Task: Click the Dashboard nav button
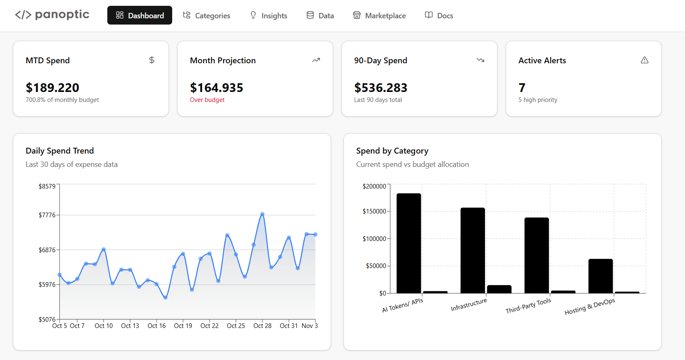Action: tap(140, 15)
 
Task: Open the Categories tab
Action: tap(207, 15)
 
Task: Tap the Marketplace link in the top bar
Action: tap(379, 15)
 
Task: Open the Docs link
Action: tap(439, 15)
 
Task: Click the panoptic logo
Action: tap(52, 15)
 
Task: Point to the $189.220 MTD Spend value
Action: tap(52, 88)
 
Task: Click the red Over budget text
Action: tap(207, 100)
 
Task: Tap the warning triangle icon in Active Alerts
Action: tap(644, 60)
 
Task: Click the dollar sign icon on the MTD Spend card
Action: tap(152, 60)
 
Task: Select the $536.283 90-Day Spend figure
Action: tap(381, 88)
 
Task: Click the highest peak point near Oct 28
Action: tap(262, 214)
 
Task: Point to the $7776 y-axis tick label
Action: tap(47, 215)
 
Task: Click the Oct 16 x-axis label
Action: tap(156, 326)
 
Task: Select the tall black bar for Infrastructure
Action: tap(472, 250)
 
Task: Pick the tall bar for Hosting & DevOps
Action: tap(600, 276)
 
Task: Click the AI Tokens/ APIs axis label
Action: tap(403, 305)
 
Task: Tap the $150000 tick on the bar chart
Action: tap(374, 211)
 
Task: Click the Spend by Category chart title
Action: tap(392, 151)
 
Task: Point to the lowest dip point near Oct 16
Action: tap(166, 298)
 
